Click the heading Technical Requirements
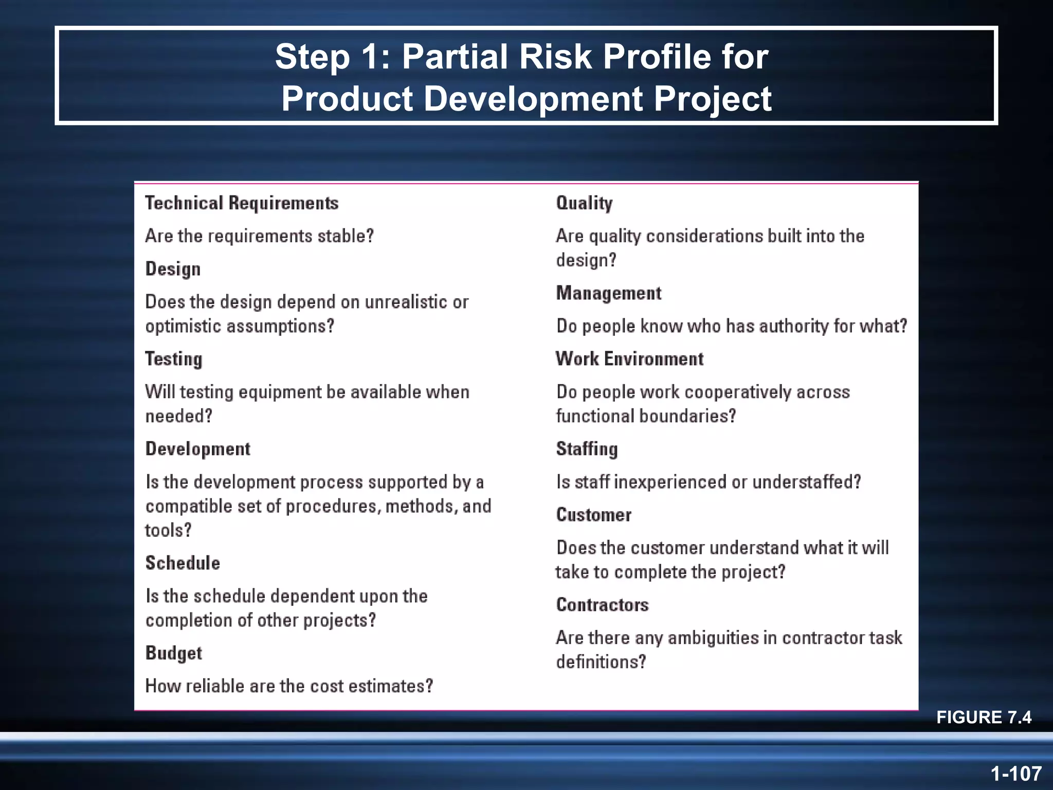242,203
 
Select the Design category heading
173,269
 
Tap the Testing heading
173,359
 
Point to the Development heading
197,449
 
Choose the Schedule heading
183,563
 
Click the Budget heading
173,653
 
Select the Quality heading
584,203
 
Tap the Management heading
608,293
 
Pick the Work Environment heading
629,359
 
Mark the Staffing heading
587,449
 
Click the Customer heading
593,515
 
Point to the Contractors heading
602,605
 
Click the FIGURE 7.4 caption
984,717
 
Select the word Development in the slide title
533,98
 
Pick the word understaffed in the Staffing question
806,482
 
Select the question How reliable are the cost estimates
289,686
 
